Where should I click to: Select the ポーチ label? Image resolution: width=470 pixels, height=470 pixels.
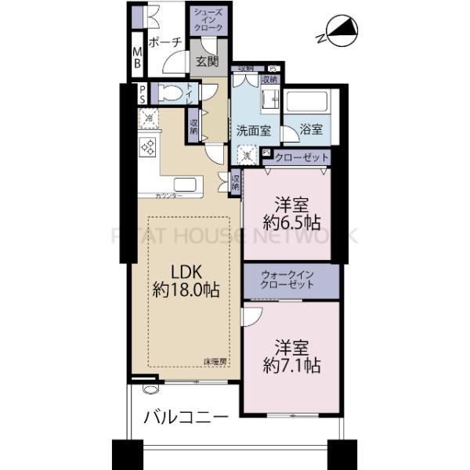tap(164, 42)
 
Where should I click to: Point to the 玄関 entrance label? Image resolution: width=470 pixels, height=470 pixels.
tap(208, 61)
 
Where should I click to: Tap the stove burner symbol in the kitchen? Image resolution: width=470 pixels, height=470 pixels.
tap(148, 146)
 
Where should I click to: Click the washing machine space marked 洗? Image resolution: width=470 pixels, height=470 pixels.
tap(248, 156)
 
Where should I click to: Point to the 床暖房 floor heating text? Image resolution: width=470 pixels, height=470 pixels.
tap(215, 361)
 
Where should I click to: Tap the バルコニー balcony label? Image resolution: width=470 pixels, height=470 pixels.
tap(186, 417)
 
